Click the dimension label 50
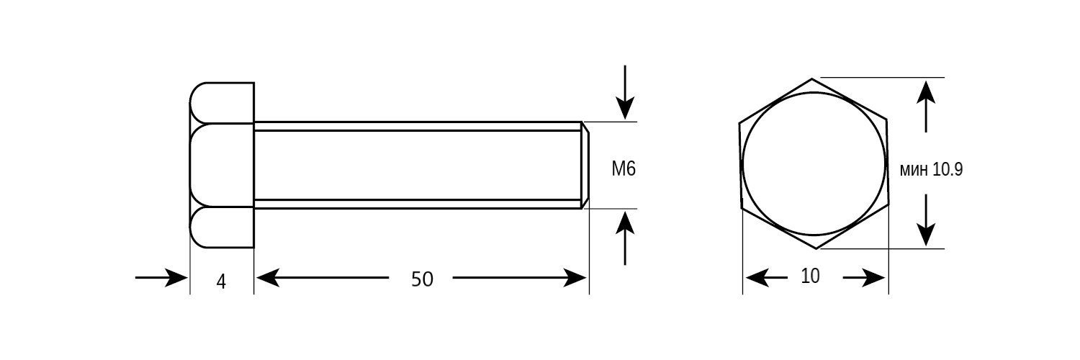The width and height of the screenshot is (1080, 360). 422,279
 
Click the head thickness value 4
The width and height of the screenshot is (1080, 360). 221,282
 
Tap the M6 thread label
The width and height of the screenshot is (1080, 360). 624,168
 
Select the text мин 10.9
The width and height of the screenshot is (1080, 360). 931,170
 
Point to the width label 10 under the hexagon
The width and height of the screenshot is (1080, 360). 810,276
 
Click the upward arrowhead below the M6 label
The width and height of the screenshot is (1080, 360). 625,223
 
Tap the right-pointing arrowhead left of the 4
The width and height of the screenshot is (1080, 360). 176,278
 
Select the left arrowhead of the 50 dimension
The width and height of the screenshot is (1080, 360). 268,278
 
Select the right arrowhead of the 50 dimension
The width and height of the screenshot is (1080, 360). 575,278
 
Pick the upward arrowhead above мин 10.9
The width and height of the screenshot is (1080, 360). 926,92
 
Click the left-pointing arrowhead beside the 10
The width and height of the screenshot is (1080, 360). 757,278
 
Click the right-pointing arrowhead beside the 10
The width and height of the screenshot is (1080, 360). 873,278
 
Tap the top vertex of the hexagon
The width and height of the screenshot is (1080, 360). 812,78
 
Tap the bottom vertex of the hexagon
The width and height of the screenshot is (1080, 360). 815,248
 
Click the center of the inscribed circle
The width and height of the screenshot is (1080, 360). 814,164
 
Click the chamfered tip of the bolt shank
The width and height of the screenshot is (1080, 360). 585,166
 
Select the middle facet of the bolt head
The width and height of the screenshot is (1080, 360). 222,166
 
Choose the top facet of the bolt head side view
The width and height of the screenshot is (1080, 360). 222,103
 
